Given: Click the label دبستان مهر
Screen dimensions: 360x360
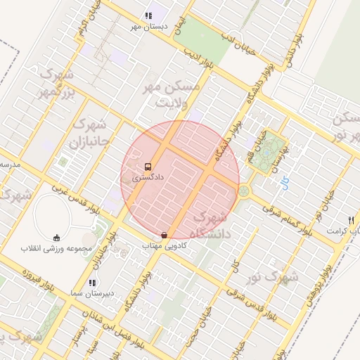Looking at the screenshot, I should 147,26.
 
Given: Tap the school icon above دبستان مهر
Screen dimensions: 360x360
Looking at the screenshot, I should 148,15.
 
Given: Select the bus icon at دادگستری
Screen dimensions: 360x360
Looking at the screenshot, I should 148,167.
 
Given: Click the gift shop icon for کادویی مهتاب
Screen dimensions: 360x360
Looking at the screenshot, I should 164,235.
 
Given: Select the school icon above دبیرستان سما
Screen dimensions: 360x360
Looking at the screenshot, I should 92,282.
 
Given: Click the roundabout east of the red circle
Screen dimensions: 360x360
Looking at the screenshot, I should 244,190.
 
